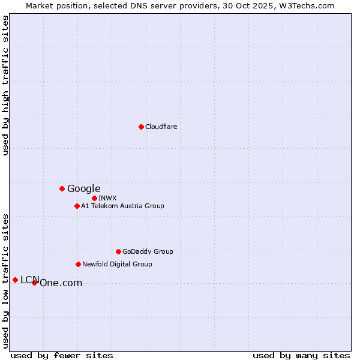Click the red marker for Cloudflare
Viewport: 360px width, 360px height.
click(141, 127)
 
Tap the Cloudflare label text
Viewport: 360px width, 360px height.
click(161, 127)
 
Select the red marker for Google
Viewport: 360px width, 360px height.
click(62, 188)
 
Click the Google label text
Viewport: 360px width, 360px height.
click(84, 188)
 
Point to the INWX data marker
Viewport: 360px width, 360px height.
click(94, 198)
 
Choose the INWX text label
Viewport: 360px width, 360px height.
click(108, 198)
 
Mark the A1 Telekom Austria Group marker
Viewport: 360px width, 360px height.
click(77, 206)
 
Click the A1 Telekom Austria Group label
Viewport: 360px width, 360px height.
click(123, 206)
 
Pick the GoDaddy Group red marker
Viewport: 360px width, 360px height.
click(118, 251)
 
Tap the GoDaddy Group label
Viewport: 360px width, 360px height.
click(148, 251)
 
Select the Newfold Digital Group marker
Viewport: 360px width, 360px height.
click(78, 264)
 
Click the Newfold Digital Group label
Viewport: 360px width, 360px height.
click(118, 264)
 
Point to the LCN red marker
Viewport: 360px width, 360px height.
click(15, 280)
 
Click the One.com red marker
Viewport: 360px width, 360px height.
click(34, 283)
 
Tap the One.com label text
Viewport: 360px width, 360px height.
click(61, 283)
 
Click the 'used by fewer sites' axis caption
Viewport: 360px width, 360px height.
click(62, 355)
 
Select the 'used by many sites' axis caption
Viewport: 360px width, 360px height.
click(301, 355)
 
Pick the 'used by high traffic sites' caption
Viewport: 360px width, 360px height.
click(6, 85)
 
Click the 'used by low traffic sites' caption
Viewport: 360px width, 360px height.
click(6, 281)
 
